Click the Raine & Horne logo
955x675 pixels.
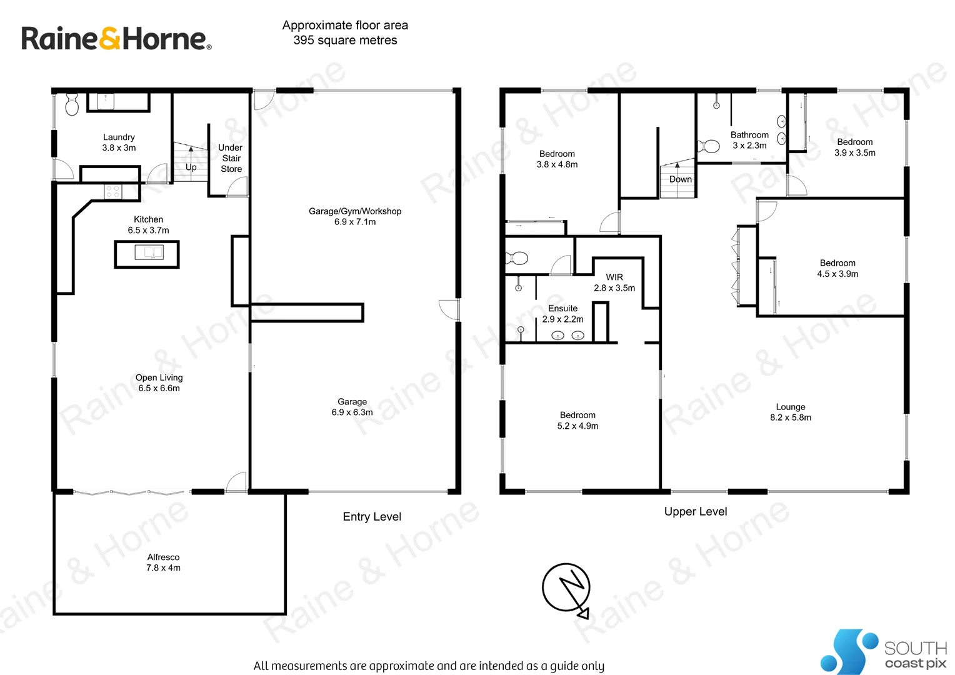coord(116,39)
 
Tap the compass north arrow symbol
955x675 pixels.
coord(567,588)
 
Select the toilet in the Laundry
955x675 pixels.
coord(72,105)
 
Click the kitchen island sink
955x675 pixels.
coord(149,252)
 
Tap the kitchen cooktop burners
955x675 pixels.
coord(113,191)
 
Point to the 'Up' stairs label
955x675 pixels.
coord(191,167)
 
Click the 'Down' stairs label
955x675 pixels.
coord(680,179)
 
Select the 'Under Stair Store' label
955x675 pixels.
coord(231,158)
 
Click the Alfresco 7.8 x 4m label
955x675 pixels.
coord(163,562)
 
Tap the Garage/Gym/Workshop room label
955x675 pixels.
coord(355,216)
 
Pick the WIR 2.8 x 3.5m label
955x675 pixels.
coord(614,282)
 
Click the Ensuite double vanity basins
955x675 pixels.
coord(567,336)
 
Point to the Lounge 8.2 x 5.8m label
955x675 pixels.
coord(791,412)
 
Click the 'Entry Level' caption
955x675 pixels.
coord(372,516)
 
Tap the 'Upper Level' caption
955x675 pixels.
coord(696,511)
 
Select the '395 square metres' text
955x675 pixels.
coord(345,40)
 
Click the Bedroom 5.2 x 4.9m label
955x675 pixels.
coord(577,420)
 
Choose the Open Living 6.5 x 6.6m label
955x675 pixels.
coord(159,382)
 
